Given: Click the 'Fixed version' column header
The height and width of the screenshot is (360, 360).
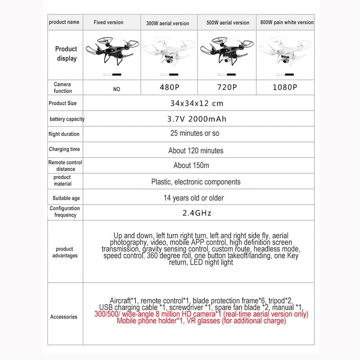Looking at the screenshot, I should pyautogui.click(x=108, y=22).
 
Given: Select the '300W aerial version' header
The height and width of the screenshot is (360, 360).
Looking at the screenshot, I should pyautogui.click(x=167, y=23).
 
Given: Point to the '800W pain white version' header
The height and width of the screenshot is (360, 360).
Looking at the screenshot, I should pyautogui.click(x=287, y=22).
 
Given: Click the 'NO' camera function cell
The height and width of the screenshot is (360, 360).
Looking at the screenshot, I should pyautogui.click(x=117, y=89).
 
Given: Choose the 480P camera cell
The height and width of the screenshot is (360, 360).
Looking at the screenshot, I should pyautogui.click(x=168, y=87).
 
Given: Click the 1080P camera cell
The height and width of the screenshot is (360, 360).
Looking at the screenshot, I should pyautogui.click(x=285, y=87).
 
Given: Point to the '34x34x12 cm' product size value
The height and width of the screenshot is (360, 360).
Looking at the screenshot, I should pyautogui.click(x=197, y=103).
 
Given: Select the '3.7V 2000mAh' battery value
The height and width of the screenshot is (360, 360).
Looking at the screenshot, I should pyautogui.click(x=196, y=119).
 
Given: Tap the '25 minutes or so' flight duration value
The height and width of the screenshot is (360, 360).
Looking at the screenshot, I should pyautogui.click(x=195, y=134).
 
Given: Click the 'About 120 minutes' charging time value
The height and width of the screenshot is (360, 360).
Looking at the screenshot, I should pyautogui.click(x=196, y=150).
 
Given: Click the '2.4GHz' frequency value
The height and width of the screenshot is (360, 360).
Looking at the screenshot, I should pyautogui.click(x=197, y=213).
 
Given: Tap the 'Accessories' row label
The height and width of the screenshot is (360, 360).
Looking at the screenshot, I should pyautogui.click(x=64, y=317).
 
